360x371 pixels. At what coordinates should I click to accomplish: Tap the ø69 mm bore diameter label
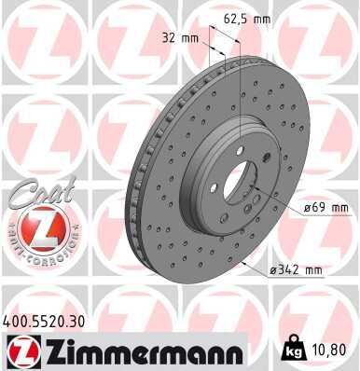tap(325, 207)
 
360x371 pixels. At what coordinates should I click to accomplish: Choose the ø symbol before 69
tap(309, 207)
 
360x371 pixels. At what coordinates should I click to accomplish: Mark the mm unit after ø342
tap(313, 270)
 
